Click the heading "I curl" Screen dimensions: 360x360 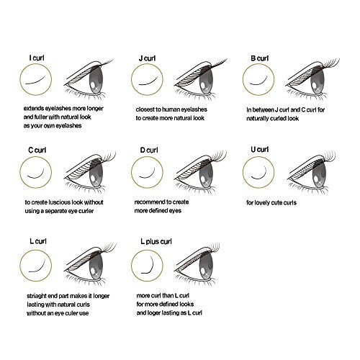pyautogui.click(x=37, y=58)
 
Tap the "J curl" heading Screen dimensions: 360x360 pyautogui.click(x=147, y=58)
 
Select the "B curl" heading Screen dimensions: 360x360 pyautogui.click(x=259, y=58)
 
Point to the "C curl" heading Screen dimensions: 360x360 pyautogui.click(x=37, y=150)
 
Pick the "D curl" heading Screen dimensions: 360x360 pyautogui.click(x=149, y=150)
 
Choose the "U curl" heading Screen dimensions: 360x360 pyautogui.click(x=259, y=150)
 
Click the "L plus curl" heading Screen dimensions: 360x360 pyautogui.click(x=156, y=241)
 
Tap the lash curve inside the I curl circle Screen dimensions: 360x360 pyautogui.click(x=36, y=80)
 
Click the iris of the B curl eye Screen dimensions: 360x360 pyautogui.click(x=318, y=80)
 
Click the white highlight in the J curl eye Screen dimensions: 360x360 pyautogui.click(x=203, y=86)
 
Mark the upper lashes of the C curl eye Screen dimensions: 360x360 pyautogui.click(x=108, y=157)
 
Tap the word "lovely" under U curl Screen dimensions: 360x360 pyautogui.click(x=263, y=203)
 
